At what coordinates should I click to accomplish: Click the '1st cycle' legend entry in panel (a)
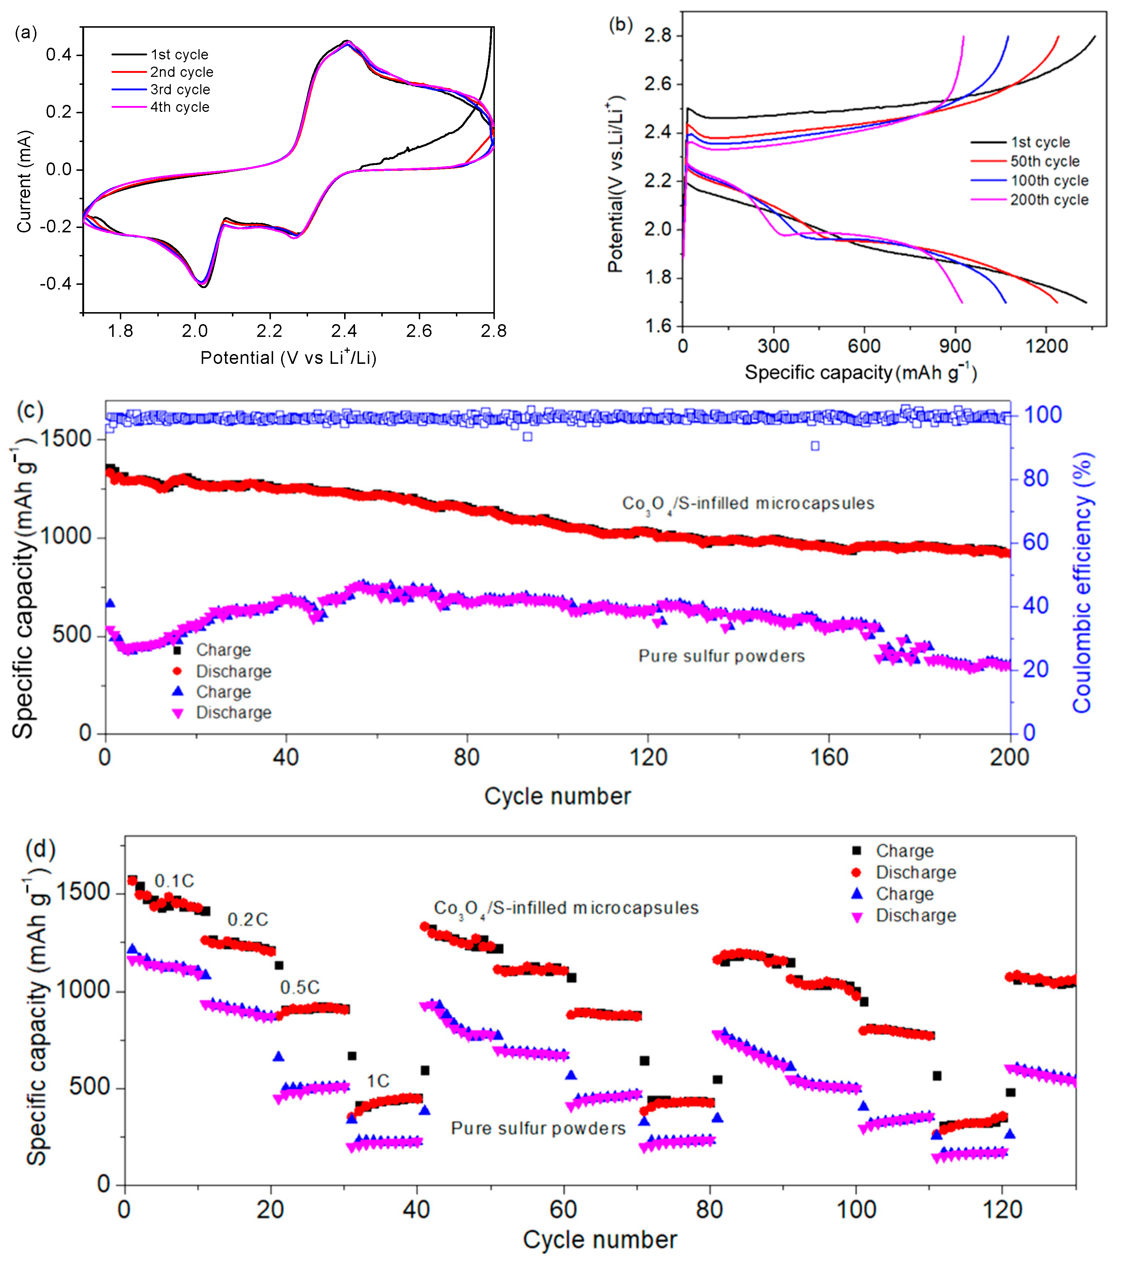(179, 54)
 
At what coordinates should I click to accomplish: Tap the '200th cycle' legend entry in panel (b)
(1049, 200)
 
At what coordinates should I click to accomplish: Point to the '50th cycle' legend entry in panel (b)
(1045, 162)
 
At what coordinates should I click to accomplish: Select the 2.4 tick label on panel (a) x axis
(344, 331)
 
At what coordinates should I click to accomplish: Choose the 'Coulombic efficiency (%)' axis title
(1083, 583)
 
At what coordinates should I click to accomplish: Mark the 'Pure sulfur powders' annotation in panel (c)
(721, 656)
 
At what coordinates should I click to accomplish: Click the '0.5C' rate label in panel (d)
(300, 987)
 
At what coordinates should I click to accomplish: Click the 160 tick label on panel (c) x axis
(828, 757)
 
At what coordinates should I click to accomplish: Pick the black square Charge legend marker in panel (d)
(856, 851)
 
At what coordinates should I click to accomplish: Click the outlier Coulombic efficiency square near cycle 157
(815, 446)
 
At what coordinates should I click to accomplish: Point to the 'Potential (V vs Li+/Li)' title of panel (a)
(288, 358)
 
